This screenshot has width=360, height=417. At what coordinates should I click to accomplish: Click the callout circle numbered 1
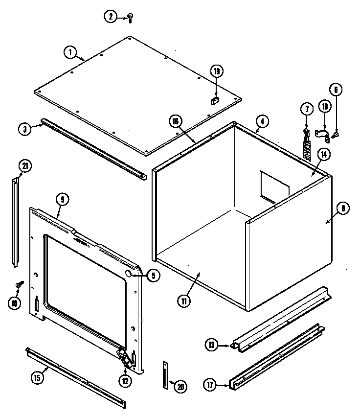pyautogui.click(x=70, y=51)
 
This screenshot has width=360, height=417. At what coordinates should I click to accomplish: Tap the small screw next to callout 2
pyautogui.click(x=130, y=18)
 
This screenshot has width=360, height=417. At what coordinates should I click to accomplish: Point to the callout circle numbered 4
pyautogui.click(x=262, y=121)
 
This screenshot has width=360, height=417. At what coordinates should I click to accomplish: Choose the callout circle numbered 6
pyautogui.click(x=336, y=90)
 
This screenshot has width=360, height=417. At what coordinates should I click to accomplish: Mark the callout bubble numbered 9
pyautogui.click(x=62, y=199)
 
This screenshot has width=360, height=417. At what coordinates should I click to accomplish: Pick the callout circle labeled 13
pyautogui.click(x=211, y=346)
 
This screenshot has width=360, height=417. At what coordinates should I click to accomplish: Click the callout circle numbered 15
pyautogui.click(x=37, y=377)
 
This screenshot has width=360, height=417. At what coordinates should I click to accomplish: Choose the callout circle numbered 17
pyautogui.click(x=209, y=385)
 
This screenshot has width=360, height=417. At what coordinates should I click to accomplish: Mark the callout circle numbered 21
pyautogui.click(x=24, y=166)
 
